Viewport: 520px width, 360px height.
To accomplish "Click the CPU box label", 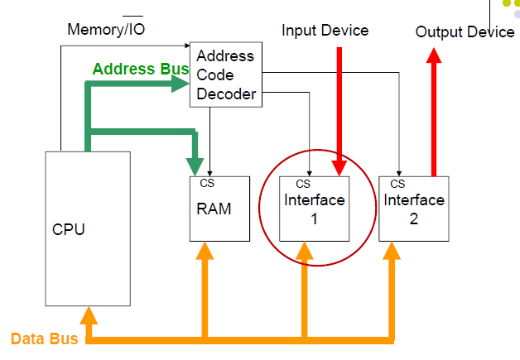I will pos(68,229).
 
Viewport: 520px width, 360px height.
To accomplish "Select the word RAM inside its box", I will pos(214,209).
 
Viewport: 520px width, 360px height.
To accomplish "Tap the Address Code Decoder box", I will pos(225,75).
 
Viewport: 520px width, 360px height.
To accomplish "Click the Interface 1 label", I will pos(315,209).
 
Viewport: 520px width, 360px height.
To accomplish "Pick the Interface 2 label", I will pos(414,209).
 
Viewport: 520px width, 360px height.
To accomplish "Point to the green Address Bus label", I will pos(141,69).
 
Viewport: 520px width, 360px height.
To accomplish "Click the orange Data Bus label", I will pos(44,338).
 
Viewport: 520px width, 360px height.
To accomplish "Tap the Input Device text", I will pos(325,31).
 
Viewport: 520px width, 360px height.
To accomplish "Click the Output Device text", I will pos(465,31).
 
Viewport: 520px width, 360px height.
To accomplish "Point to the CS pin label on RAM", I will pos(207,184).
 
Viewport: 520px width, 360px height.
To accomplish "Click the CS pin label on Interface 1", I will pos(303,184).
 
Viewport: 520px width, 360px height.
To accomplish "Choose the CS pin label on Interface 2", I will pos(397,184).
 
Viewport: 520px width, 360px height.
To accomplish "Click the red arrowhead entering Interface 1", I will pos(339,168).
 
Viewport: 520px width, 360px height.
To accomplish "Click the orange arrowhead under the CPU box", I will pos(89,314).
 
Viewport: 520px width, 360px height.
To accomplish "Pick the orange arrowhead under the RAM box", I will pos(205,252).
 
